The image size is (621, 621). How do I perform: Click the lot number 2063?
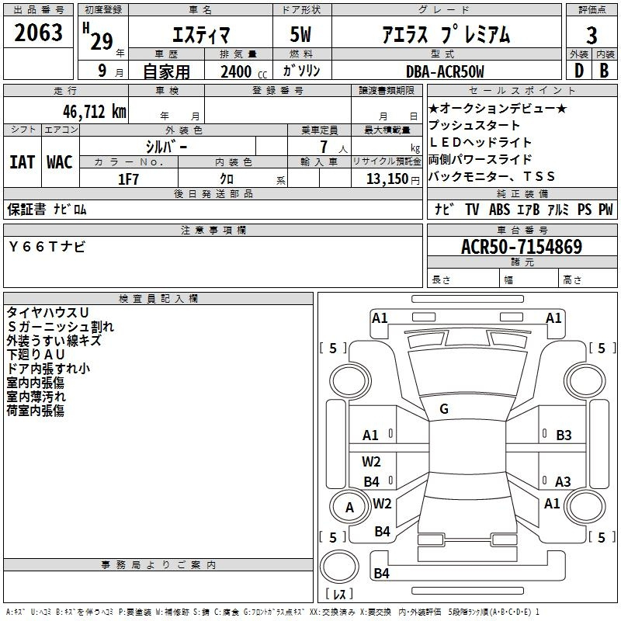[x=38, y=33]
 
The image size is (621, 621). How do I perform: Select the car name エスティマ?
[x=199, y=35]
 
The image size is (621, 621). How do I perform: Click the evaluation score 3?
[x=592, y=36]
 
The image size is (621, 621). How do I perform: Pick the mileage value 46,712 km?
[x=88, y=111]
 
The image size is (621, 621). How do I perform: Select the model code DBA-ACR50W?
[x=445, y=71]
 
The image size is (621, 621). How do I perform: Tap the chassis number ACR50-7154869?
[x=521, y=247]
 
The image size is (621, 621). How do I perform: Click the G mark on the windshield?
[x=444, y=408]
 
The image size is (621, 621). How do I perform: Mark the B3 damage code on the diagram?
[x=564, y=435]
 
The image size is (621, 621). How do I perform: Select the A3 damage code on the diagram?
[x=563, y=481]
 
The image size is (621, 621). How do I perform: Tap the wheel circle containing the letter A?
[x=349, y=508]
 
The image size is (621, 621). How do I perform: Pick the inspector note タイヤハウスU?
[x=48, y=312]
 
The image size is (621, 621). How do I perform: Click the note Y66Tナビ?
[x=47, y=247]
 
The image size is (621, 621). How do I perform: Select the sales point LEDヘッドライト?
[x=480, y=142]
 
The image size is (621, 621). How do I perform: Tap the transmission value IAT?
[x=22, y=162]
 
